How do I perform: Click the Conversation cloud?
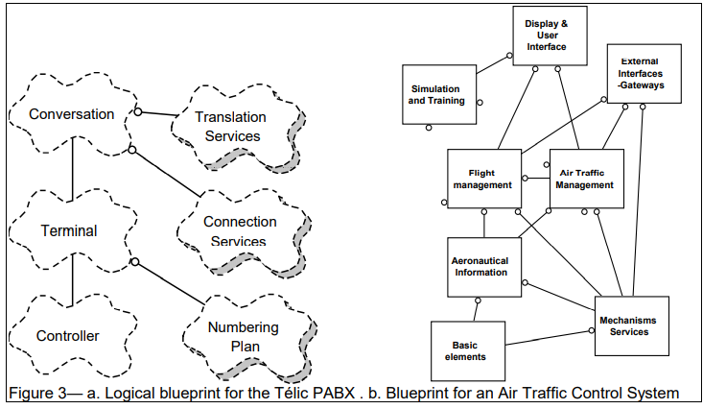click(71, 114)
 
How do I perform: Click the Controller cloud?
click(67, 335)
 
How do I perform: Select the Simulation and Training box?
click(436, 93)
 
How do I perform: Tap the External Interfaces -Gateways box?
click(643, 73)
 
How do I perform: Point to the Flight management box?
click(483, 179)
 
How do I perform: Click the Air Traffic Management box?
click(585, 179)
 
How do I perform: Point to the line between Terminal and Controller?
click(73, 284)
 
